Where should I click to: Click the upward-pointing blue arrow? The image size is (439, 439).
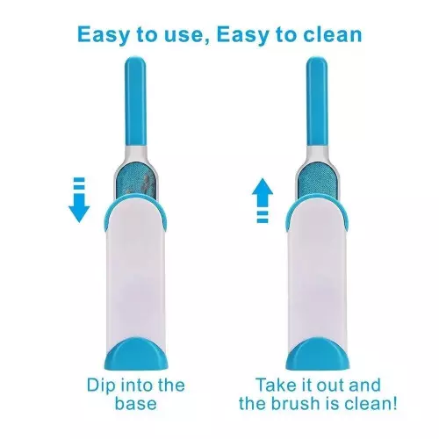click(263, 199)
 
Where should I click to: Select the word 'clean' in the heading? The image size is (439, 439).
click(333, 34)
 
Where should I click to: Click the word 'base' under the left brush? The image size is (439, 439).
click(136, 403)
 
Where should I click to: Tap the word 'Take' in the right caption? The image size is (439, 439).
click(275, 385)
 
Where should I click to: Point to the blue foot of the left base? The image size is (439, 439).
click(136, 354)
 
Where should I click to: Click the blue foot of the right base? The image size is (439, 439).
click(318, 354)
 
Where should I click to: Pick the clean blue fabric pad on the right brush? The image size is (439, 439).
click(316, 183)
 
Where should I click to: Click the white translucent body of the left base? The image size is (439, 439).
click(135, 272)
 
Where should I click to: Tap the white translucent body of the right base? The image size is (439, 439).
click(317, 272)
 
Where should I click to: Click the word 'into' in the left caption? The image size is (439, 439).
click(134, 385)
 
